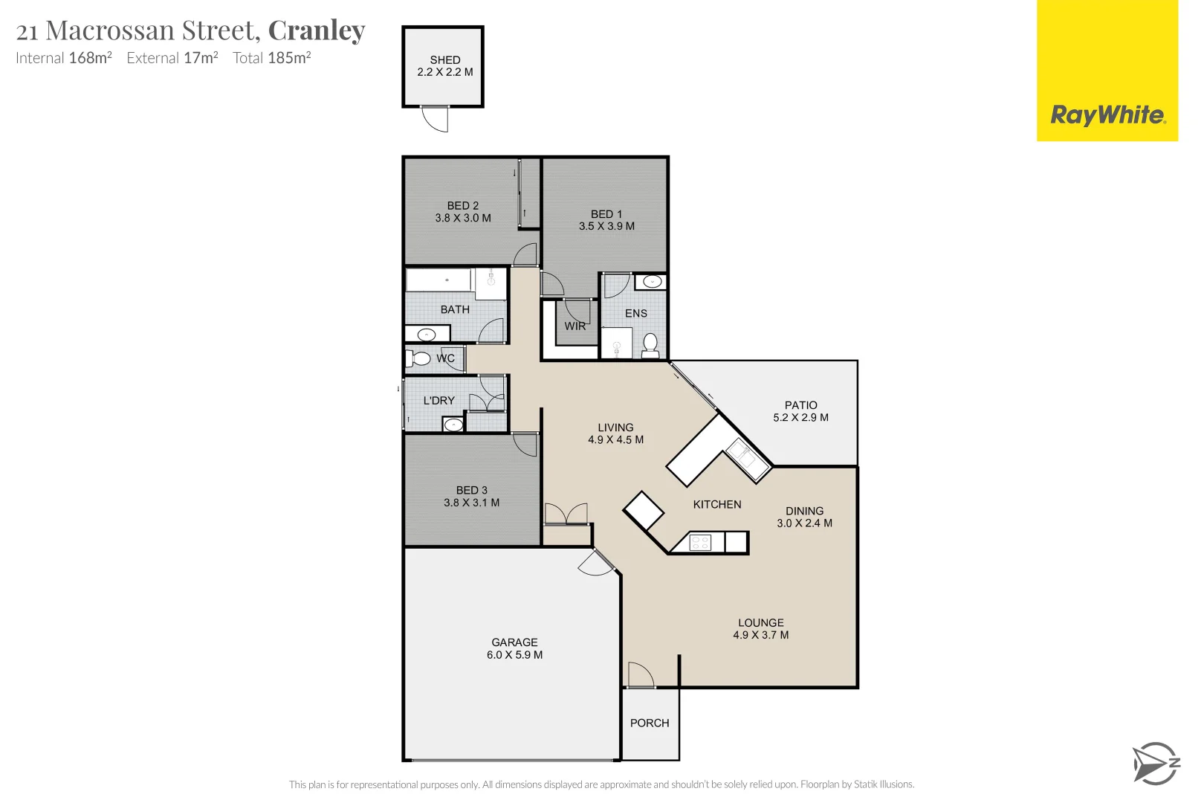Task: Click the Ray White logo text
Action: click(x=1107, y=115)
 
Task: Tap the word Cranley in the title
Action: click(x=317, y=30)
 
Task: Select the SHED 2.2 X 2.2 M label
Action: click(x=444, y=66)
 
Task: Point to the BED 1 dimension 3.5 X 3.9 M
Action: click(x=606, y=226)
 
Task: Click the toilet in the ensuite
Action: click(x=650, y=345)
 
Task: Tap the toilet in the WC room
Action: click(x=420, y=359)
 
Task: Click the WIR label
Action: click(x=575, y=326)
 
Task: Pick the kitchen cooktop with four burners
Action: click(x=700, y=543)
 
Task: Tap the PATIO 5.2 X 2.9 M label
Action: click(x=800, y=411)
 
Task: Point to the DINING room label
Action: click(x=804, y=511)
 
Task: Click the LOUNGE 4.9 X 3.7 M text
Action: click(x=760, y=629)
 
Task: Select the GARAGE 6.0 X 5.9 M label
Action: click(x=514, y=648)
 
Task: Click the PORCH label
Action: click(x=650, y=723)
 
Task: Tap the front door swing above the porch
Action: click(x=640, y=675)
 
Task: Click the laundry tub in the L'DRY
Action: click(x=453, y=425)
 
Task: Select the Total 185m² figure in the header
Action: click(x=271, y=58)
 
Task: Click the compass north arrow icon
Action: click(x=1154, y=764)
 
